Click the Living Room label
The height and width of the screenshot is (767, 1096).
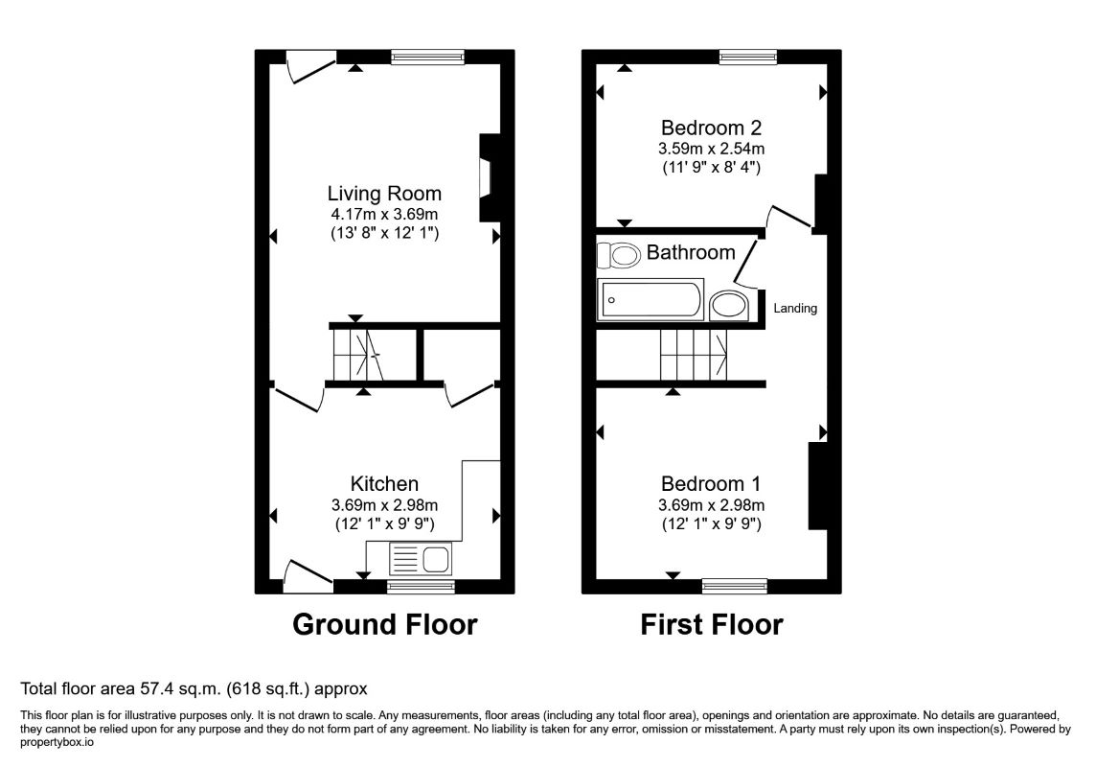tap(384, 193)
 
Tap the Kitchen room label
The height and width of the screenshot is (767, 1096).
tap(384, 483)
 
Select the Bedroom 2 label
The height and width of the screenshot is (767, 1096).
tap(711, 128)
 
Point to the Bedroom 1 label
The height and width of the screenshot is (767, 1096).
tap(711, 483)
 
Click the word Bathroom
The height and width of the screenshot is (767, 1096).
tap(691, 252)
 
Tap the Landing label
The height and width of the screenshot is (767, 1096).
tap(795, 309)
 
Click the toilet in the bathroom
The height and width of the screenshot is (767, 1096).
tap(619, 255)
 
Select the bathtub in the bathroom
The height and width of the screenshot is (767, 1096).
tap(651, 300)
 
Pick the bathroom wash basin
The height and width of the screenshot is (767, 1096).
tap(729, 306)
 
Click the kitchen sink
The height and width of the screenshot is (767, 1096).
tap(420, 559)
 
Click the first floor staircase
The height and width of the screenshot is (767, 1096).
tap(694, 355)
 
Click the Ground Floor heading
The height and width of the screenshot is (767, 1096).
tap(384, 624)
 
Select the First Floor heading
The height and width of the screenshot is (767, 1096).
tap(712, 624)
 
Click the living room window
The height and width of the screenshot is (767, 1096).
tap(428, 57)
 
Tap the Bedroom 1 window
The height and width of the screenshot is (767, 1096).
tap(735, 586)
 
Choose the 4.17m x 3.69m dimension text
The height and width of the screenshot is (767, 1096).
tap(384, 214)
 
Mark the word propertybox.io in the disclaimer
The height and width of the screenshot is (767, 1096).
tap(57, 742)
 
